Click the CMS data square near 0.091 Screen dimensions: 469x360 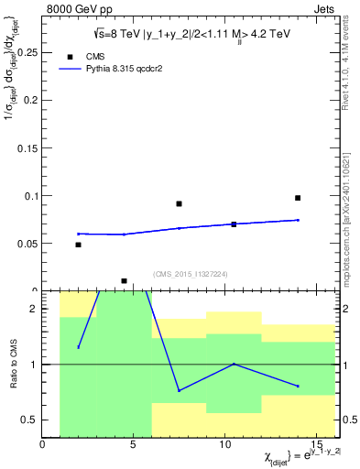click(x=179, y=203)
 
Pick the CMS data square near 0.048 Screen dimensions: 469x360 click(x=78, y=245)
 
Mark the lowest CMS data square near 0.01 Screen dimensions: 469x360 click(x=124, y=281)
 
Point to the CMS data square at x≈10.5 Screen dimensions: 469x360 click(x=234, y=224)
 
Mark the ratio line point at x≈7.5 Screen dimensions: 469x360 click(x=179, y=390)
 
